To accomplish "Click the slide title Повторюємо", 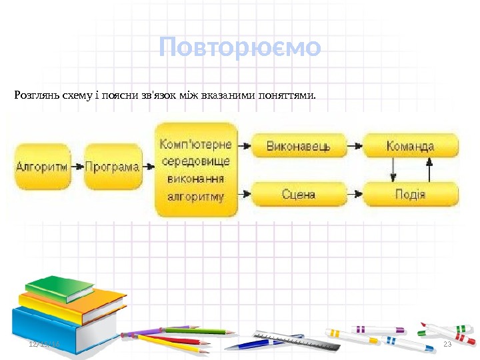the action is [240, 47].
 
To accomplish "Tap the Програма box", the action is [113, 167].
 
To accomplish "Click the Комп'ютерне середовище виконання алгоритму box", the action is [196, 169].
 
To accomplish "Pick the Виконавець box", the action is [298, 145].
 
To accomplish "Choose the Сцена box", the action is [298, 195].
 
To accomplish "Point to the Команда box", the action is [410, 145].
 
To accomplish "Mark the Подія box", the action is [410, 195].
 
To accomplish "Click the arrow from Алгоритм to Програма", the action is [78, 167].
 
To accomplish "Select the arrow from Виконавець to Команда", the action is [355, 144].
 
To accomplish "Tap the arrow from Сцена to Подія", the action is [355, 194].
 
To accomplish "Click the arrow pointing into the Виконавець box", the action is [245, 144].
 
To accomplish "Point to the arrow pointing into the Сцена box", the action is [245, 194].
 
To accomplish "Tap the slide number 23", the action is [447, 343].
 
